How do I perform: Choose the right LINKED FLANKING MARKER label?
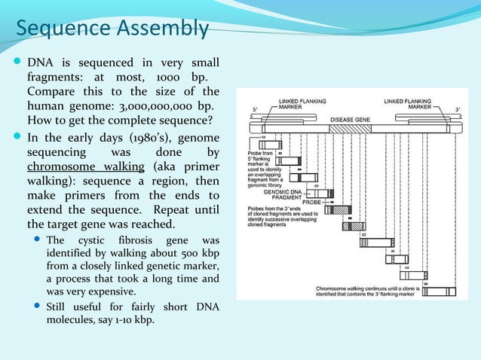408,103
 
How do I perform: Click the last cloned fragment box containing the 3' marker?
441,291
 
